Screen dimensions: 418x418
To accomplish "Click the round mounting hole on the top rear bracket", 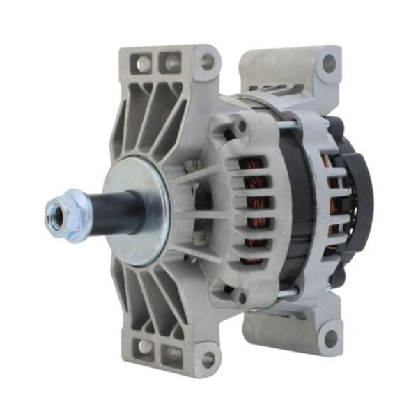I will pyautogui.click(x=328, y=63).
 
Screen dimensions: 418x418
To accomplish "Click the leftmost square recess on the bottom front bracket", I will pyautogui.click(x=145, y=346).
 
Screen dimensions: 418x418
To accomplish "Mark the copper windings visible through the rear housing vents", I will pyautogui.click(x=336, y=209).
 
